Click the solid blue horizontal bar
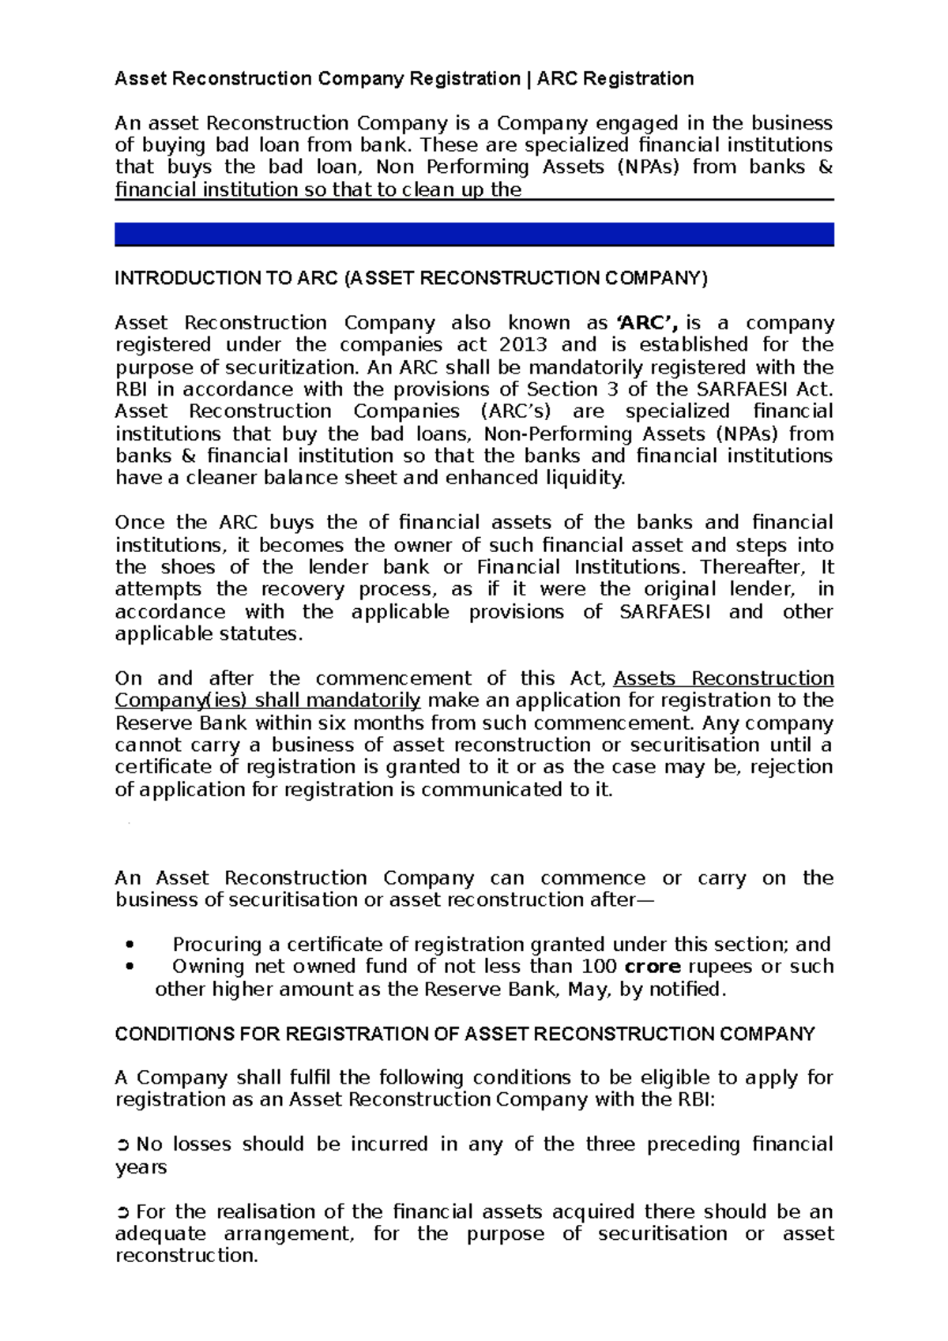point(474,235)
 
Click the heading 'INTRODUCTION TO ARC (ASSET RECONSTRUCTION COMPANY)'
point(411,279)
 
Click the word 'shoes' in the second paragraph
point(187,567)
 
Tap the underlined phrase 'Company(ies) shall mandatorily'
point(268,701)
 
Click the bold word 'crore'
point(653,967)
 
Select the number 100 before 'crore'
point(599,967)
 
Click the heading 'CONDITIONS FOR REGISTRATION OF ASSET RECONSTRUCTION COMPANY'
point(465,1035)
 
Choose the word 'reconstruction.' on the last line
point(186,1256)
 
